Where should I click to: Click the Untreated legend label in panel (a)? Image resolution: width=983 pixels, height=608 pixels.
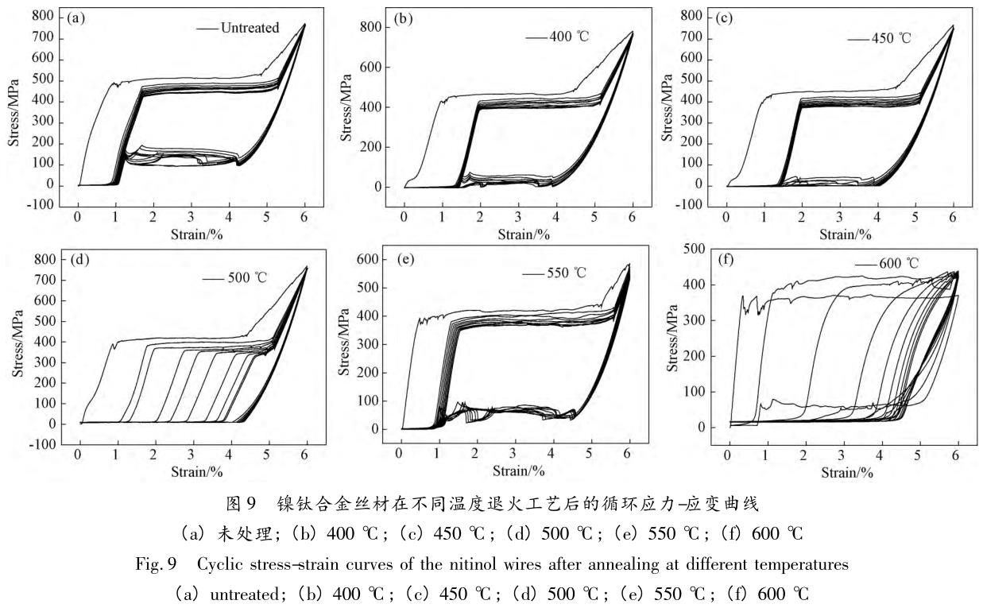tap(250, 28)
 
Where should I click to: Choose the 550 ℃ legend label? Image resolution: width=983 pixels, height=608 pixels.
tap(565, 273)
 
